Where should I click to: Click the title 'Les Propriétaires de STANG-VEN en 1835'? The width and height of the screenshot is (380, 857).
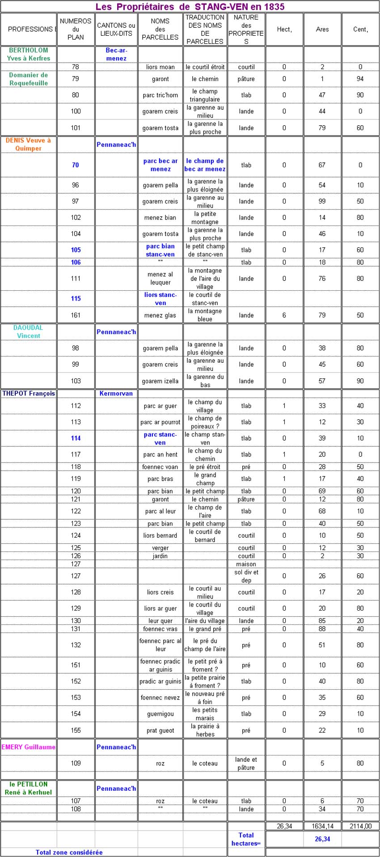190,7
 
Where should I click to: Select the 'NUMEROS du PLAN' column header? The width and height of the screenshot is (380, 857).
76,29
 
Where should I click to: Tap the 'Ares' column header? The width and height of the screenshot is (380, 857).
322,30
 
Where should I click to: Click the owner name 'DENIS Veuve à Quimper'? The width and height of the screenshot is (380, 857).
28,144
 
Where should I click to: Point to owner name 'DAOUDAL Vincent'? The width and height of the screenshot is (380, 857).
29,331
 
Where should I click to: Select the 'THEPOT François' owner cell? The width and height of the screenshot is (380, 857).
29,394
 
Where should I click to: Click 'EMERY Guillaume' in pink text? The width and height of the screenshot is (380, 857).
29,747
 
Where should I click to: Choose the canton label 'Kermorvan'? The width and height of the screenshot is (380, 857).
116,394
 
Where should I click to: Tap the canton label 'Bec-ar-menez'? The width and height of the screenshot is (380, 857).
116,54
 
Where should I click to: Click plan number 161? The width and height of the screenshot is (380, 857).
76,315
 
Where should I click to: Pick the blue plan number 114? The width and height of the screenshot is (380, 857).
76,438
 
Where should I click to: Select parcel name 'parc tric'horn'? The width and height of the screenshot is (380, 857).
160,95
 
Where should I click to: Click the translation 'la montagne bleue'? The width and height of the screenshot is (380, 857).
205,315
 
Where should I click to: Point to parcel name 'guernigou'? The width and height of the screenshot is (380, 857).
160,714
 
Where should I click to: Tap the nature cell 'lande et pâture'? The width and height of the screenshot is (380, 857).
246,764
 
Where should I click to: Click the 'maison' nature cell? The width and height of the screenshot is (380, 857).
246,564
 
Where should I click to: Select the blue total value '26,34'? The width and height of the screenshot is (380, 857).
322,839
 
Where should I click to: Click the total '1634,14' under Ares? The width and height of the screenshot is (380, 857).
322,826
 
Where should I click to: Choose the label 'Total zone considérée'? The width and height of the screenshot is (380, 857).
69,852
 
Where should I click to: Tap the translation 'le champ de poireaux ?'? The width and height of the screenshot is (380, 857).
205,422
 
